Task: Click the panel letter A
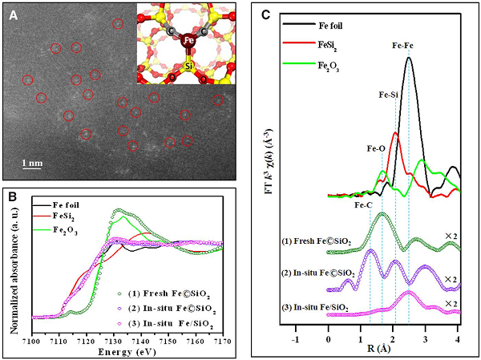pyautogui.click(x=14, y=13)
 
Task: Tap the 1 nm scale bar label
pyautogui.click(x=31, y=163)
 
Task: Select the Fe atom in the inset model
pyautogui.click(x=187, y=41)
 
